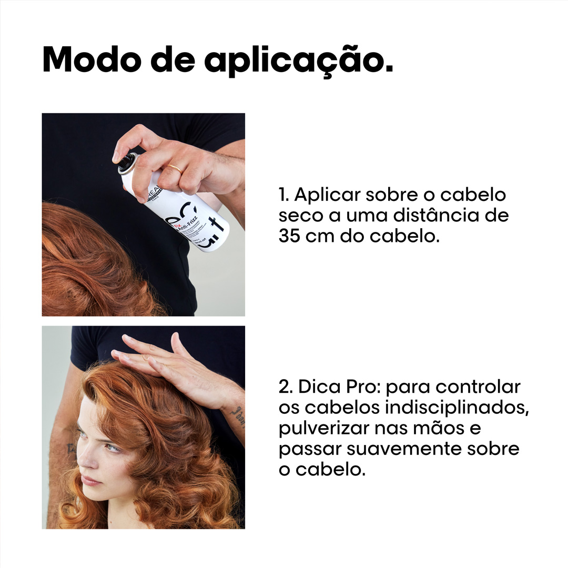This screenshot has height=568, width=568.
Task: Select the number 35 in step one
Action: (x=289, y=235)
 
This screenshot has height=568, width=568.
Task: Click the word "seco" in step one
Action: (x=298, y=216)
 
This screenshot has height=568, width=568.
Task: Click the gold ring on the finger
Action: (x=175, y=169)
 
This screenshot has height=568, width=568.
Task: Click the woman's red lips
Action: (x=91, y=480)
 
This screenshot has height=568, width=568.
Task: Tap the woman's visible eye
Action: (x=112, y=448)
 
